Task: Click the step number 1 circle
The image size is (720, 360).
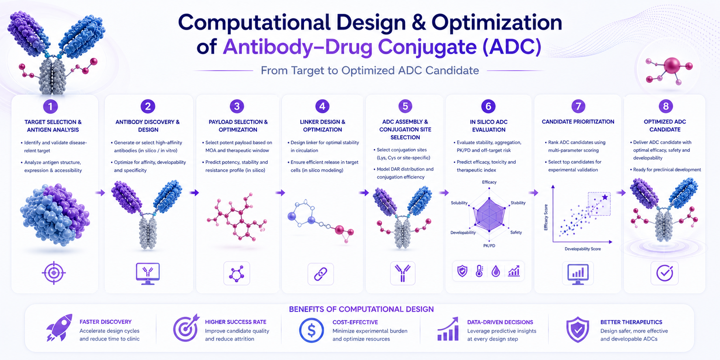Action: (x=50, y=106)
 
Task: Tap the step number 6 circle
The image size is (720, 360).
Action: (x=488, y=106)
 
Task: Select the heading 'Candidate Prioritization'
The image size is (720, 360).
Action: (x=578, y=122)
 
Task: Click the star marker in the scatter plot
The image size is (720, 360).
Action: (x=605, y=197)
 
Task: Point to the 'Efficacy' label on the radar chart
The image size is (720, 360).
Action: (x=489, y=182)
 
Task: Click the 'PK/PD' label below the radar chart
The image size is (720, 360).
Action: (x=489, y=246)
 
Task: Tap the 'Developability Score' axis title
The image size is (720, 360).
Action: (x=583, y=249)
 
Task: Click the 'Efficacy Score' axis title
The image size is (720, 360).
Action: (x=546, y=217)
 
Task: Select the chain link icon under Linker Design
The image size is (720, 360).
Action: (x=321, y=274)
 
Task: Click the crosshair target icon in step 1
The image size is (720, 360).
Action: (x=54, y=273)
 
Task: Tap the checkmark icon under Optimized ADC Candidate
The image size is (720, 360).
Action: (x=664, y=273)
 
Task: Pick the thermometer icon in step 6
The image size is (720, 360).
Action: (x=479, y=271)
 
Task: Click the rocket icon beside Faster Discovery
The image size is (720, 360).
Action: (x=59, y=327)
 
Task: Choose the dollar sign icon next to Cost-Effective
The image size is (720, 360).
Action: (x=311, y=330)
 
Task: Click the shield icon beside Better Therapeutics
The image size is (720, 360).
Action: (x=578, y=330)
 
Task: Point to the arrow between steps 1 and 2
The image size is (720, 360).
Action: (x=100, y=193)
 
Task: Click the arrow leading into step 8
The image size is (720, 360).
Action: (x=621, y=193)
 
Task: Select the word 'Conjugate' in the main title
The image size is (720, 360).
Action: (x=427, y=47)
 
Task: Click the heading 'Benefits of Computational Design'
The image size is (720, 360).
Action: (x=361, y=309)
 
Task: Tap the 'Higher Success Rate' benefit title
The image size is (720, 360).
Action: (x=235, y=322)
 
